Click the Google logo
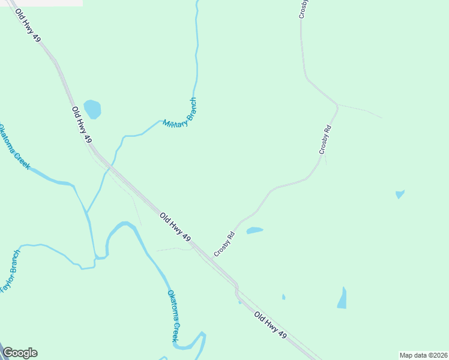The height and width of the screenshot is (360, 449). click(20, 353)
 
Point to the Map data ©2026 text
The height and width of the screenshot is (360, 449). click(423, 355)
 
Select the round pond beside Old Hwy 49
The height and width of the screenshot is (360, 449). click(92, 109)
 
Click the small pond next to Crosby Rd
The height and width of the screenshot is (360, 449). click(255, 230)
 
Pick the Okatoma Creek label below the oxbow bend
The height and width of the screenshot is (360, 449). click(173, 316)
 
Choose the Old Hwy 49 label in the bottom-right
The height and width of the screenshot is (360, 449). click(271, 328)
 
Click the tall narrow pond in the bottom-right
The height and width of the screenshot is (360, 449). click(342, 298)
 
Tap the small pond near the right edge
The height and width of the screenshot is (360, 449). click(400, 194)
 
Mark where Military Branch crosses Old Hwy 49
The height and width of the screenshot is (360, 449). click(111, 166)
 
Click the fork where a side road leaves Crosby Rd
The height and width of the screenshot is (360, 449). click(337, 105)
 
